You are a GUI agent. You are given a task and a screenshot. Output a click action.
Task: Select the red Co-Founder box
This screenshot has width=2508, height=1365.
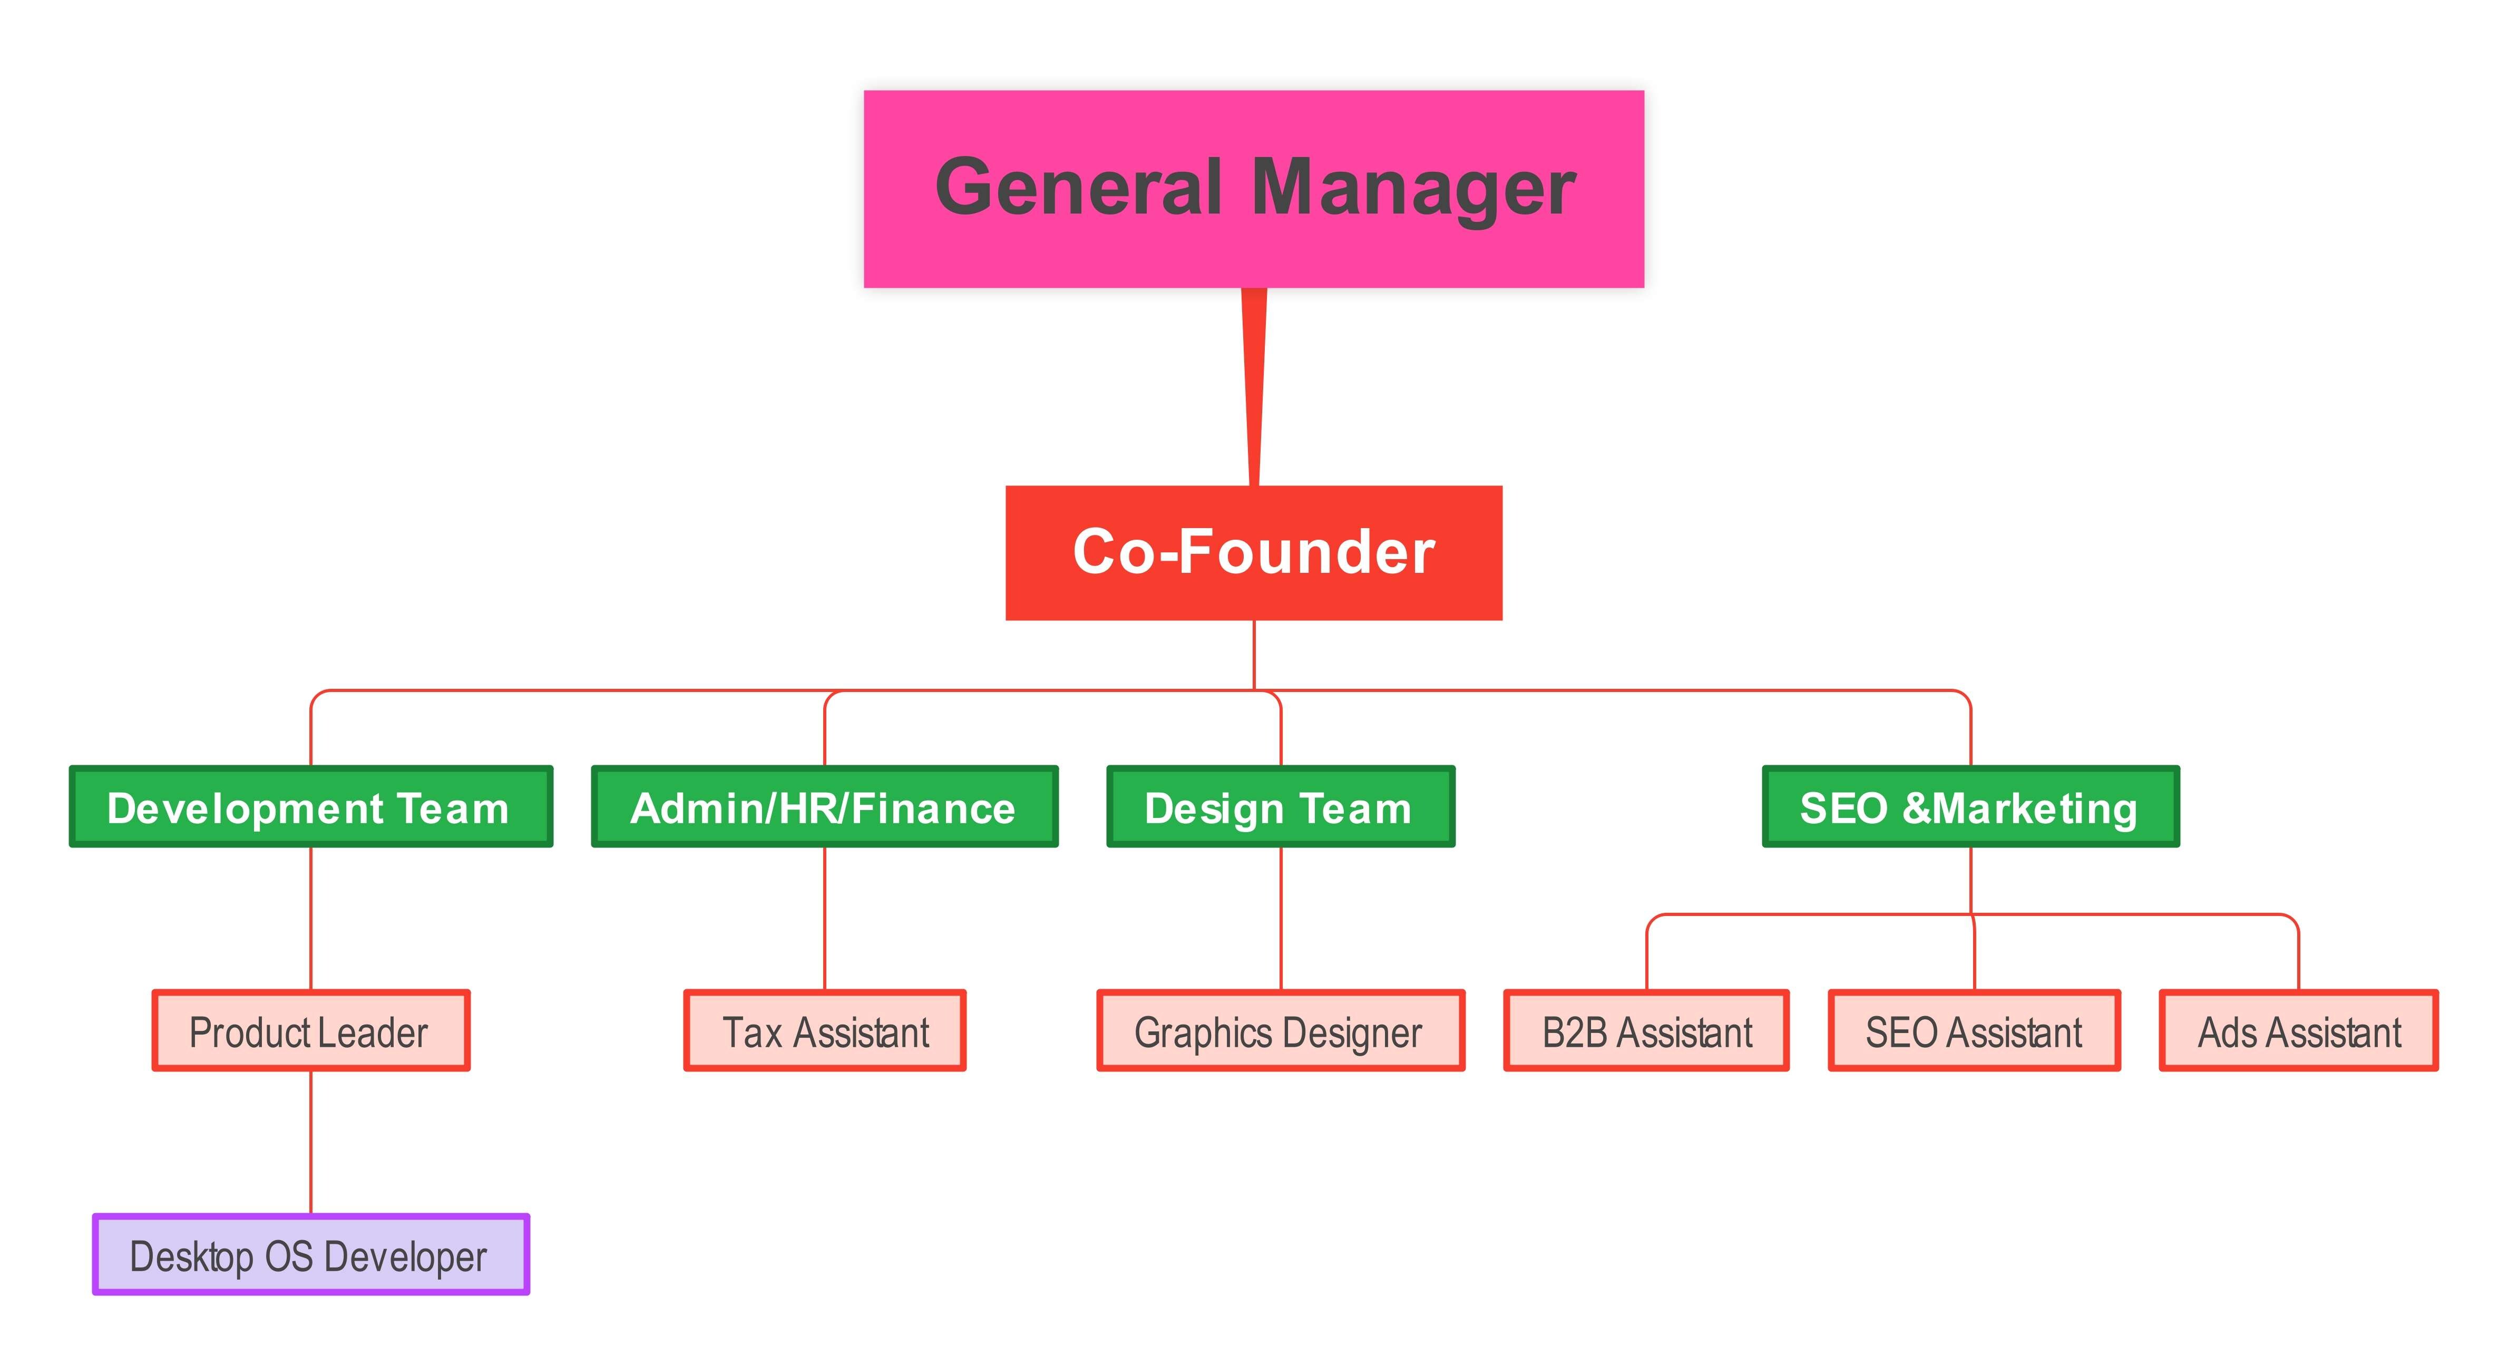click(x=1254, y=552)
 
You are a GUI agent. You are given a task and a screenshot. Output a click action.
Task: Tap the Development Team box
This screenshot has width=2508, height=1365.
click(x=310, y=806)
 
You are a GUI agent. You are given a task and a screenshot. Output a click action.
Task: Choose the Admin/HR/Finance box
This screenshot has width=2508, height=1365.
click(x=825, y=806)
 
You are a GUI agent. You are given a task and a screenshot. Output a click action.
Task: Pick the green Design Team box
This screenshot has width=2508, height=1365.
click(x=1280, y=806)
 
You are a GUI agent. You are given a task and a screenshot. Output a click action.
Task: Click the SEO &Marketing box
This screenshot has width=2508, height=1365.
click(x=1970, y=806)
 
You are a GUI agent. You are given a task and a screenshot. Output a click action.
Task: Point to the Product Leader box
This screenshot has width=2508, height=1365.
click(x=310, y=1030)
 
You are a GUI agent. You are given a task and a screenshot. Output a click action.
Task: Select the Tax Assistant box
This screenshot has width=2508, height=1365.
click(x=825, y=1030)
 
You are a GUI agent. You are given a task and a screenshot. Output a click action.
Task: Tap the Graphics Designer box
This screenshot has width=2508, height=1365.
click(x=1280, y=1030)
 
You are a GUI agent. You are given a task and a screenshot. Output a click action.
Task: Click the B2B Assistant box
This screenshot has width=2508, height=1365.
click(x=1646, y=1030)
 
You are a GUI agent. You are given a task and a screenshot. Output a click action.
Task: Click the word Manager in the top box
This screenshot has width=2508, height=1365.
click(x=1413, y=188)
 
